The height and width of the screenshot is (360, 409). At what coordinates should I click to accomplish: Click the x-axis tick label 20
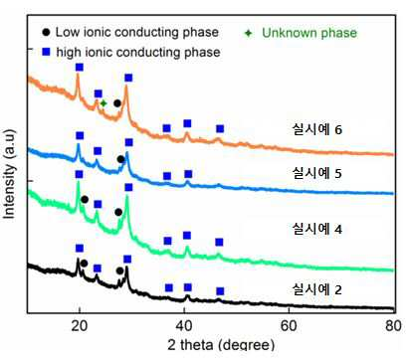(80, 326)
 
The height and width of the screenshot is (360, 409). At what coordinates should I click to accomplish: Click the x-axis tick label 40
(184, 326)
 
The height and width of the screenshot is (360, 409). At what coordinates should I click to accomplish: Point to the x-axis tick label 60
(289, 326)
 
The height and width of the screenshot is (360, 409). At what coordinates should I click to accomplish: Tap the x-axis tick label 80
(393, 326)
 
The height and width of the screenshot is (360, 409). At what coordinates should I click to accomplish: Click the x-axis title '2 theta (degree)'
(221, 345)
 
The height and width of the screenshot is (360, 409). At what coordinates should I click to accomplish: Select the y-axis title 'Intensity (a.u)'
(9, 174)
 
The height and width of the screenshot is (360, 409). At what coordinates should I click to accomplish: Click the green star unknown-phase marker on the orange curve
(103, 103)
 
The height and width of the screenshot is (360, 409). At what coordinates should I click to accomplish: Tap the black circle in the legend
(47, 32)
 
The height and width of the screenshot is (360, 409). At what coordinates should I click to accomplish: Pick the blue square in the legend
(46, 52)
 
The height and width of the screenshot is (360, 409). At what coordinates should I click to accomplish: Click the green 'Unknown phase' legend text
(309, 33)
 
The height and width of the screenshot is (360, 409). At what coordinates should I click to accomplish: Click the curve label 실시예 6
(316, 129)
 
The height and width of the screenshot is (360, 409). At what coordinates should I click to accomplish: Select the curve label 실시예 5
(316, 173)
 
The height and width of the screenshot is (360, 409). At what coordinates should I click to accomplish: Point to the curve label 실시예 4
(316, 229)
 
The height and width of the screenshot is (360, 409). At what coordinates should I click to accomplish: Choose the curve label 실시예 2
(316, 289)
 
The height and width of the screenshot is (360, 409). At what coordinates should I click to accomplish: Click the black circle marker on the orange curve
(117, 103)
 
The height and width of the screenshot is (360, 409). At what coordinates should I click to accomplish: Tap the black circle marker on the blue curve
(120, 159)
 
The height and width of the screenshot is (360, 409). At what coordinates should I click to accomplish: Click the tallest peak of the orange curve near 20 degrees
(78, 75)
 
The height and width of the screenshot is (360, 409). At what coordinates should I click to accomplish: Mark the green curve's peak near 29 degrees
(127, 197)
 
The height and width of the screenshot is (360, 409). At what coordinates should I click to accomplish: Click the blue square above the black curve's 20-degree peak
(80, 249)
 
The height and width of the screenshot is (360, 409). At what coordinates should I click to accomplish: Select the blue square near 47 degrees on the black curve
(220, 291)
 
